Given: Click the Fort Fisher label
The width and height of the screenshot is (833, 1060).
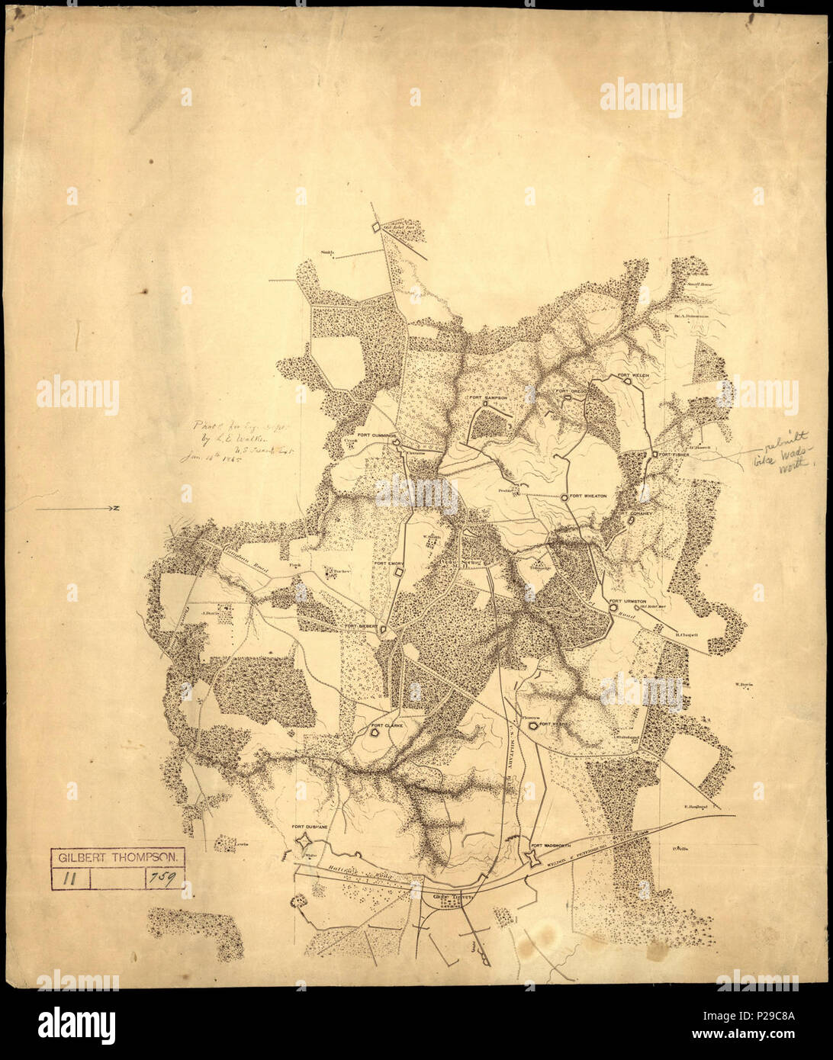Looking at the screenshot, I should [x=675, y=455].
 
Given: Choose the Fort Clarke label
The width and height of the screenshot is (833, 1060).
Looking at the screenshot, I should [x=387, y=725].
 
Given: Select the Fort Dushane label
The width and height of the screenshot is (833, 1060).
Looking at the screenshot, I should [x=309, y=827].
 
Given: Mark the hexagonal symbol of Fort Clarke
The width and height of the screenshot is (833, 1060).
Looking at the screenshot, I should [x=375, y=733].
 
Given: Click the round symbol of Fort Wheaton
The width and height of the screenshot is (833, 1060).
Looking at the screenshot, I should [x=564, y=497].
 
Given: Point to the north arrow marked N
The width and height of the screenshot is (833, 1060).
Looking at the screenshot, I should [x=76, y=508].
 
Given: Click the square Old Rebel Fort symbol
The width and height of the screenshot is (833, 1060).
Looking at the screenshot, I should [x=376, y=226].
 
